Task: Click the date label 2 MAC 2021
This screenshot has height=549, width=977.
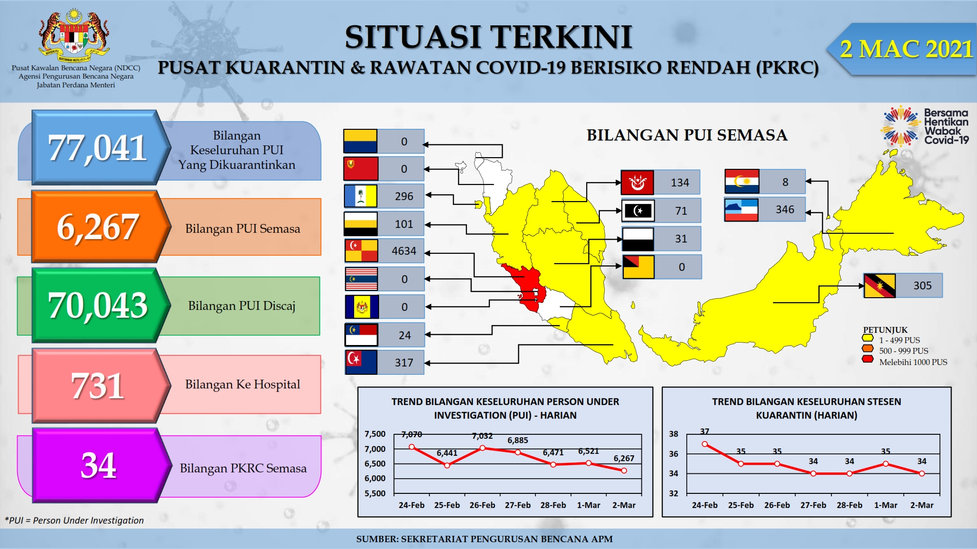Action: point(906,49)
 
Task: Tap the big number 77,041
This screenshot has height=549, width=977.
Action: point(97,148)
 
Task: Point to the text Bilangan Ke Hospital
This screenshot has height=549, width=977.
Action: point(242,385)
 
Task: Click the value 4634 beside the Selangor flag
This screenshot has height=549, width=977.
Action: point(404,251)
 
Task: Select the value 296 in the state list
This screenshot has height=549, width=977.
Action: point(404,196)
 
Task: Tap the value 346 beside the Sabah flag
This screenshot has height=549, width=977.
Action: point(785,209)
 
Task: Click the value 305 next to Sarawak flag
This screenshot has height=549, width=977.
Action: point(922,285)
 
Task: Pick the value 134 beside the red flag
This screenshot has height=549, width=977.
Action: point(680,183)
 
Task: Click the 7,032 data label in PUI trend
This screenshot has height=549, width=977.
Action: point(482,436)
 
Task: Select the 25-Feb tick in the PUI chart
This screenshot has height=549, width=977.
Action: point(447,505)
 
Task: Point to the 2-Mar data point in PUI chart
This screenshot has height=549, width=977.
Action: point(624,470)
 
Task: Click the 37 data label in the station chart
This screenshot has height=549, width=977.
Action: point(704,431)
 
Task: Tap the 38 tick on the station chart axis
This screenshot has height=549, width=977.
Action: point(674,434)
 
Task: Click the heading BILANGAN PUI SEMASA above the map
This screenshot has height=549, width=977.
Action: point(687,135)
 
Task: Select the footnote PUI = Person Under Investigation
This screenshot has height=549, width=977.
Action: point(74,520)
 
